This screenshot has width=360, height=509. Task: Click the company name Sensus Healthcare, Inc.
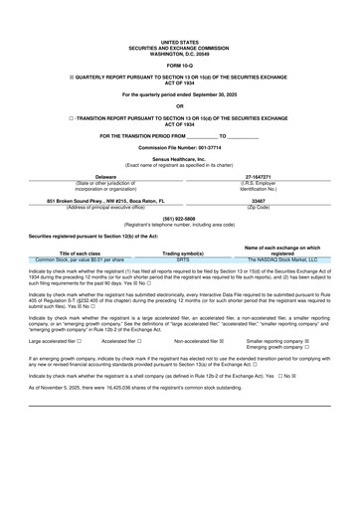pos(180,158)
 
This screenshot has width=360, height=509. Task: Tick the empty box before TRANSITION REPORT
pos(59,117)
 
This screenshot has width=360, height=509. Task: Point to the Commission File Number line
pos(180,146)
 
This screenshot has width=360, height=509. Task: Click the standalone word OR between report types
pos(180,104)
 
